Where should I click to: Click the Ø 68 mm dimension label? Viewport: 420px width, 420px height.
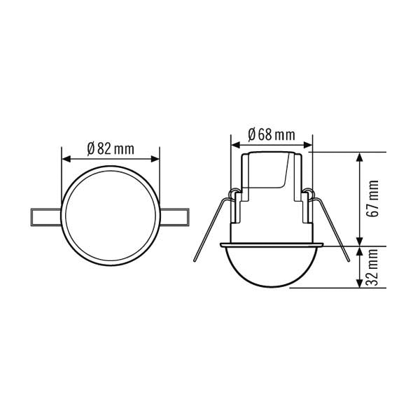[271, 134]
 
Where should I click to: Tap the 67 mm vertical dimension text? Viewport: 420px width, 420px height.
[374, 198]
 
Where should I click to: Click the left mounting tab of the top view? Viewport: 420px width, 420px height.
[44, 217]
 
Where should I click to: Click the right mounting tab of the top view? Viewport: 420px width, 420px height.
[177, 217]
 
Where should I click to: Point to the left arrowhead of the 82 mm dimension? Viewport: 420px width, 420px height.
[66, 157]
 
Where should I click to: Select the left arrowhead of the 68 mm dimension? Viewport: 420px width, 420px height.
[234, 145]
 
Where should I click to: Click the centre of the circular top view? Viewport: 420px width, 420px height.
[111, 217]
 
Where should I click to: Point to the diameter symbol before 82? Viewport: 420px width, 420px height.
[91, 148]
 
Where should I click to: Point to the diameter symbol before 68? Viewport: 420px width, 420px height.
[252, 134]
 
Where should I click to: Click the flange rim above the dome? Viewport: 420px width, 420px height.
[271, 245]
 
